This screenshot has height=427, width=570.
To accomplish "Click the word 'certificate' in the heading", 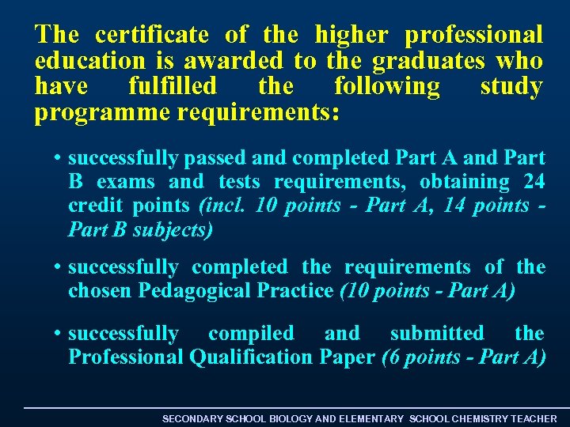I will coord(152,35).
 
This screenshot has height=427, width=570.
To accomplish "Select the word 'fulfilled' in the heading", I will coord(172,86).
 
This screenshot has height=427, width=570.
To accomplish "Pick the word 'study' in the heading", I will coord(511,86).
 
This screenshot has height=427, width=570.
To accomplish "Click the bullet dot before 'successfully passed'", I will coord(59,159).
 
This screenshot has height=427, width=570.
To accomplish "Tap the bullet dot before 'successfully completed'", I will coord(59,268).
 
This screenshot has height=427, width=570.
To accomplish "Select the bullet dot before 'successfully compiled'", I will coord(59,334).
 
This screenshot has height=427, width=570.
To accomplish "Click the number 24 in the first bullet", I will coord(534,182).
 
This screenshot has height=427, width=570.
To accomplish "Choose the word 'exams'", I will coord(126,182).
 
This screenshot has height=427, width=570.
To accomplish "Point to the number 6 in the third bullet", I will coord(393,357).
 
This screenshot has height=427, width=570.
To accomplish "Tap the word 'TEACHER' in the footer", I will coord(534,418).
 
